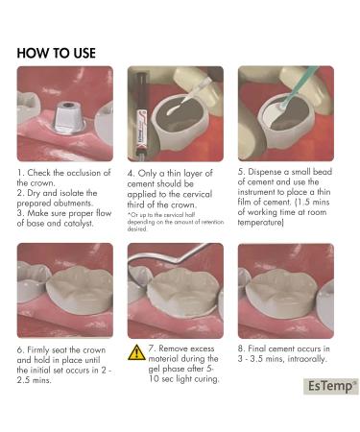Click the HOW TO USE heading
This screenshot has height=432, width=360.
[x=57, y=52]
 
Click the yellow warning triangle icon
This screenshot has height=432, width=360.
[x=137, y=351]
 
